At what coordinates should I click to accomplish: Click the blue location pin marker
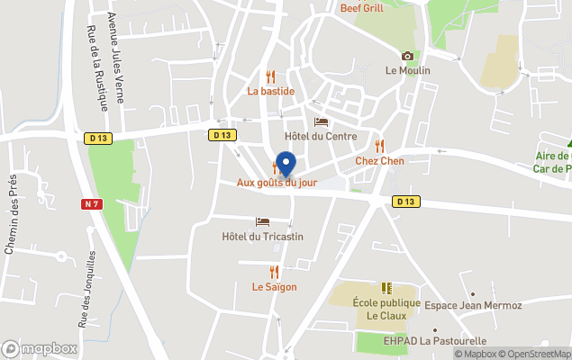coord(286,165)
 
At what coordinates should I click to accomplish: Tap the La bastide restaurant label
coord(271,91)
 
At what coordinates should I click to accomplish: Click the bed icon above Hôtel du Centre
coord(321,121)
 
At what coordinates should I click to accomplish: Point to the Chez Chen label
coord(379,160)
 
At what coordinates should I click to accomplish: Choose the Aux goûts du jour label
coord(277,183)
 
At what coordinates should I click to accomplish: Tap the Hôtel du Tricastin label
coord(262,236)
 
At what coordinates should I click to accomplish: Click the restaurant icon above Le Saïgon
coord(274,272)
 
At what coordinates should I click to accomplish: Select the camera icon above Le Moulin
coord(407,56)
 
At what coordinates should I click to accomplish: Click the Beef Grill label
coord(363,8)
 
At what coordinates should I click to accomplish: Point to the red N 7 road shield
coord(91,204)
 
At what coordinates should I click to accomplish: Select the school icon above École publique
coord(386,288)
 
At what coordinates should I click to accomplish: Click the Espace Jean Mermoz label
coord(473,306)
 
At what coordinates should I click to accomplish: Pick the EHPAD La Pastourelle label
coord(434,341)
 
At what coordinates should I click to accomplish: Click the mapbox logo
coord(40,348)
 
